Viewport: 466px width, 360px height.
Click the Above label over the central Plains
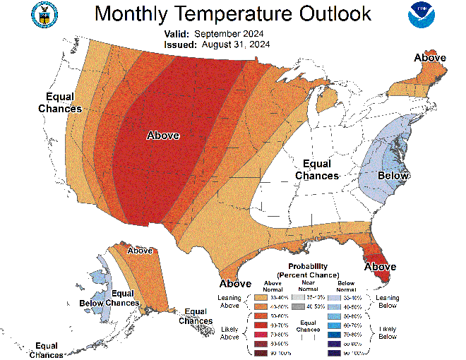(163, 136)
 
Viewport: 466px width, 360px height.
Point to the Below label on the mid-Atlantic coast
(393, 175)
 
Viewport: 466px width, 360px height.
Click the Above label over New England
(430, 58)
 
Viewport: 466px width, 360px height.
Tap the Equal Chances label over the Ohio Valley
(316, 170)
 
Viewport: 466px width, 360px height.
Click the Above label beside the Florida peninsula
(380, 267)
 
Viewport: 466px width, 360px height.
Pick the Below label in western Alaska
(92, 303)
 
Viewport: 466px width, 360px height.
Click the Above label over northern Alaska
(140, 251)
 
